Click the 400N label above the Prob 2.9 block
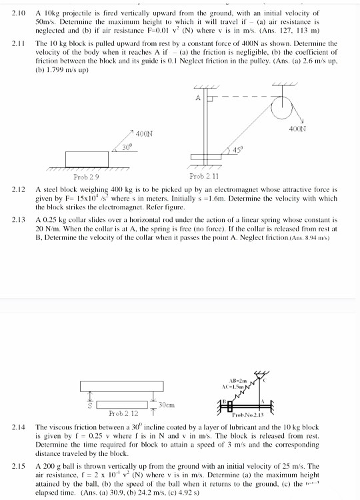pyautogui.click(x=145, y=134)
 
